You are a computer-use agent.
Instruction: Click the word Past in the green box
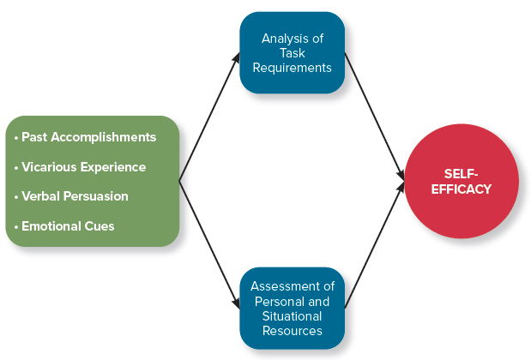pos(34,137)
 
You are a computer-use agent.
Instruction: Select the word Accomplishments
pos(103,137)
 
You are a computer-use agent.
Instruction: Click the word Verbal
pos(40,196)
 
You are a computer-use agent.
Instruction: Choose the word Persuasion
pos(96,196)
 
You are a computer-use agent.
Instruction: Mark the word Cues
pos(100,226)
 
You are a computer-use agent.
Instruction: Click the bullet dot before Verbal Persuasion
pos(16,197)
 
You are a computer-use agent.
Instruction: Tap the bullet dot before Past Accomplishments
pos(16,138)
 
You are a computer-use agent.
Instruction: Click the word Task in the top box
pos(293,53)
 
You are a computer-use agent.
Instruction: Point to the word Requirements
pos(293,68)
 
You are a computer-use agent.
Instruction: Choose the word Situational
pos(292,316)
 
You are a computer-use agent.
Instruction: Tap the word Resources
pos(293,331)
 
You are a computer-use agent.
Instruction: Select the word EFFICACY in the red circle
pos(462,189)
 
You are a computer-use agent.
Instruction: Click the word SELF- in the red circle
pos(461,174)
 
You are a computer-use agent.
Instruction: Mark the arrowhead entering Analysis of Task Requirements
pos(236,57)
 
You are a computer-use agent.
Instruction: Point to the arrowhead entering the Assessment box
pos(236,303)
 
